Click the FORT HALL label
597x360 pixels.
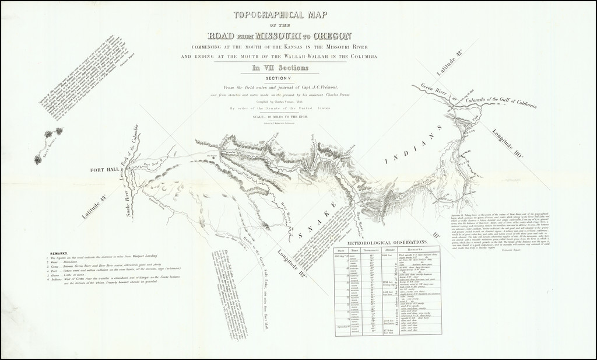(x=104, y=170)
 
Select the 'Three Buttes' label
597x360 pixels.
(x=54, y=153)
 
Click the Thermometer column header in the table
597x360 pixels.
(x=367, y=250)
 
